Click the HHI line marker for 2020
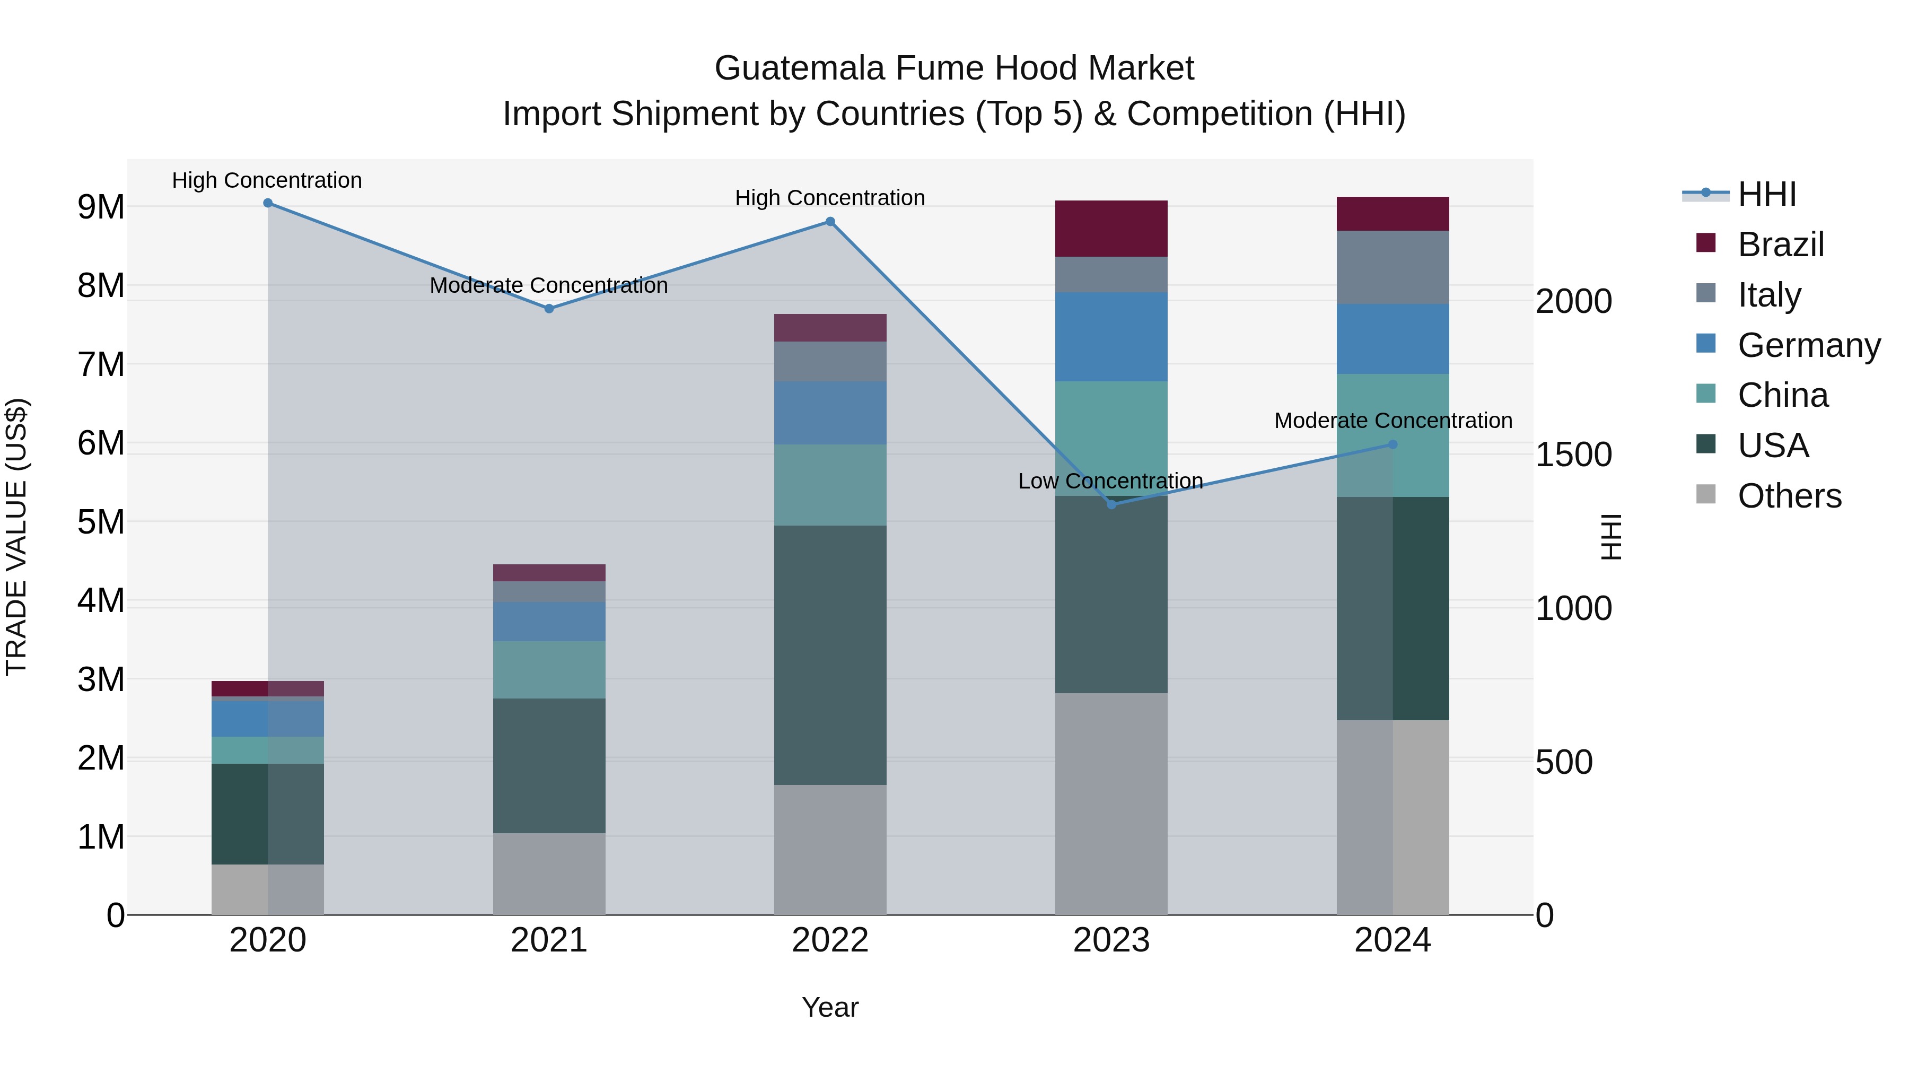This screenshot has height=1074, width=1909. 268,203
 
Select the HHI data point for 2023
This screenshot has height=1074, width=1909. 1111,505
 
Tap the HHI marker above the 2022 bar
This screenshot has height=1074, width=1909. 830,222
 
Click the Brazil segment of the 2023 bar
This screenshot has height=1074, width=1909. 1111,228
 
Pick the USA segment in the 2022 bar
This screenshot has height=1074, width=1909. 830,655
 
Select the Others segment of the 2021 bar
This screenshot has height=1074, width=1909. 549,874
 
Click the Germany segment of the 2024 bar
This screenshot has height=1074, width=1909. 1393,339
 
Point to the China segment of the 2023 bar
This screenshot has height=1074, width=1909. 1111,438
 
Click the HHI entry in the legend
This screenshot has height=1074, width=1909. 1767,194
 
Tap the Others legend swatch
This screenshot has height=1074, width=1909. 1705,494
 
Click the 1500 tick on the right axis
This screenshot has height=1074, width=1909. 1573,455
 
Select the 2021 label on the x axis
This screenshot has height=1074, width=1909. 549,940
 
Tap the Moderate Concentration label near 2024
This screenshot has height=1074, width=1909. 1393,420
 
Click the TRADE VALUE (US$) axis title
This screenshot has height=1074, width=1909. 16,537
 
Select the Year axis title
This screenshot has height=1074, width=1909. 830,1007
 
